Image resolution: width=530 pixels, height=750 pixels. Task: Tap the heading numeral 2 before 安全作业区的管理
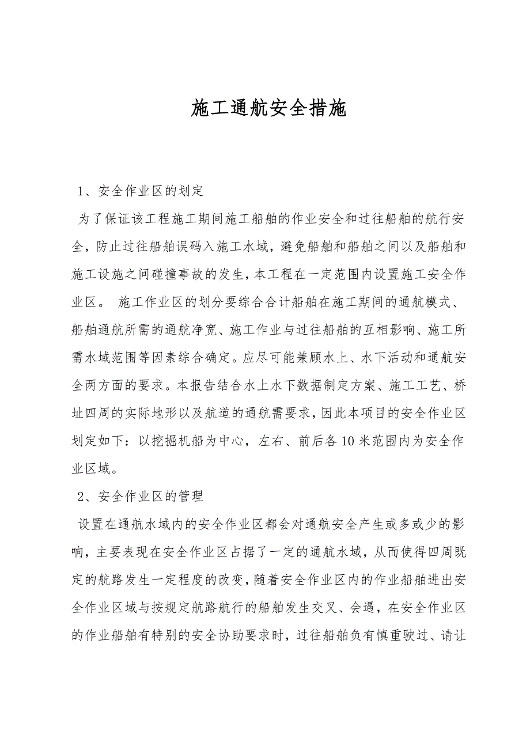coord(82,495)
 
